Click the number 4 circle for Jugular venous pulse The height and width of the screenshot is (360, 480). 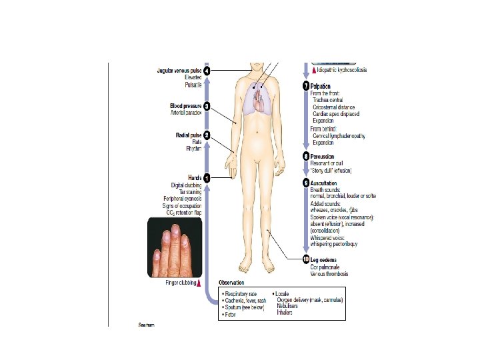207,71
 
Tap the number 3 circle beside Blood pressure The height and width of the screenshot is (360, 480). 207,106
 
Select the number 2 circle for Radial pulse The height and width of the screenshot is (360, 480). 207,135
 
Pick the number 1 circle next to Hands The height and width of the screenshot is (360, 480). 207,178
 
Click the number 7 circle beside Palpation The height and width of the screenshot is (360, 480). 305,87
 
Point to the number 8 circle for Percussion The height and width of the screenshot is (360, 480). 305,157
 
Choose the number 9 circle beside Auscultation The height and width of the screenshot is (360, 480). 305,183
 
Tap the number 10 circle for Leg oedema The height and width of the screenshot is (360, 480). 305,259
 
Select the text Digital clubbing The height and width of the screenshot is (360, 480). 186,185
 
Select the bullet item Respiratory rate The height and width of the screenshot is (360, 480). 241,293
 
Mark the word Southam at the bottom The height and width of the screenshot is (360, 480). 146,325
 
